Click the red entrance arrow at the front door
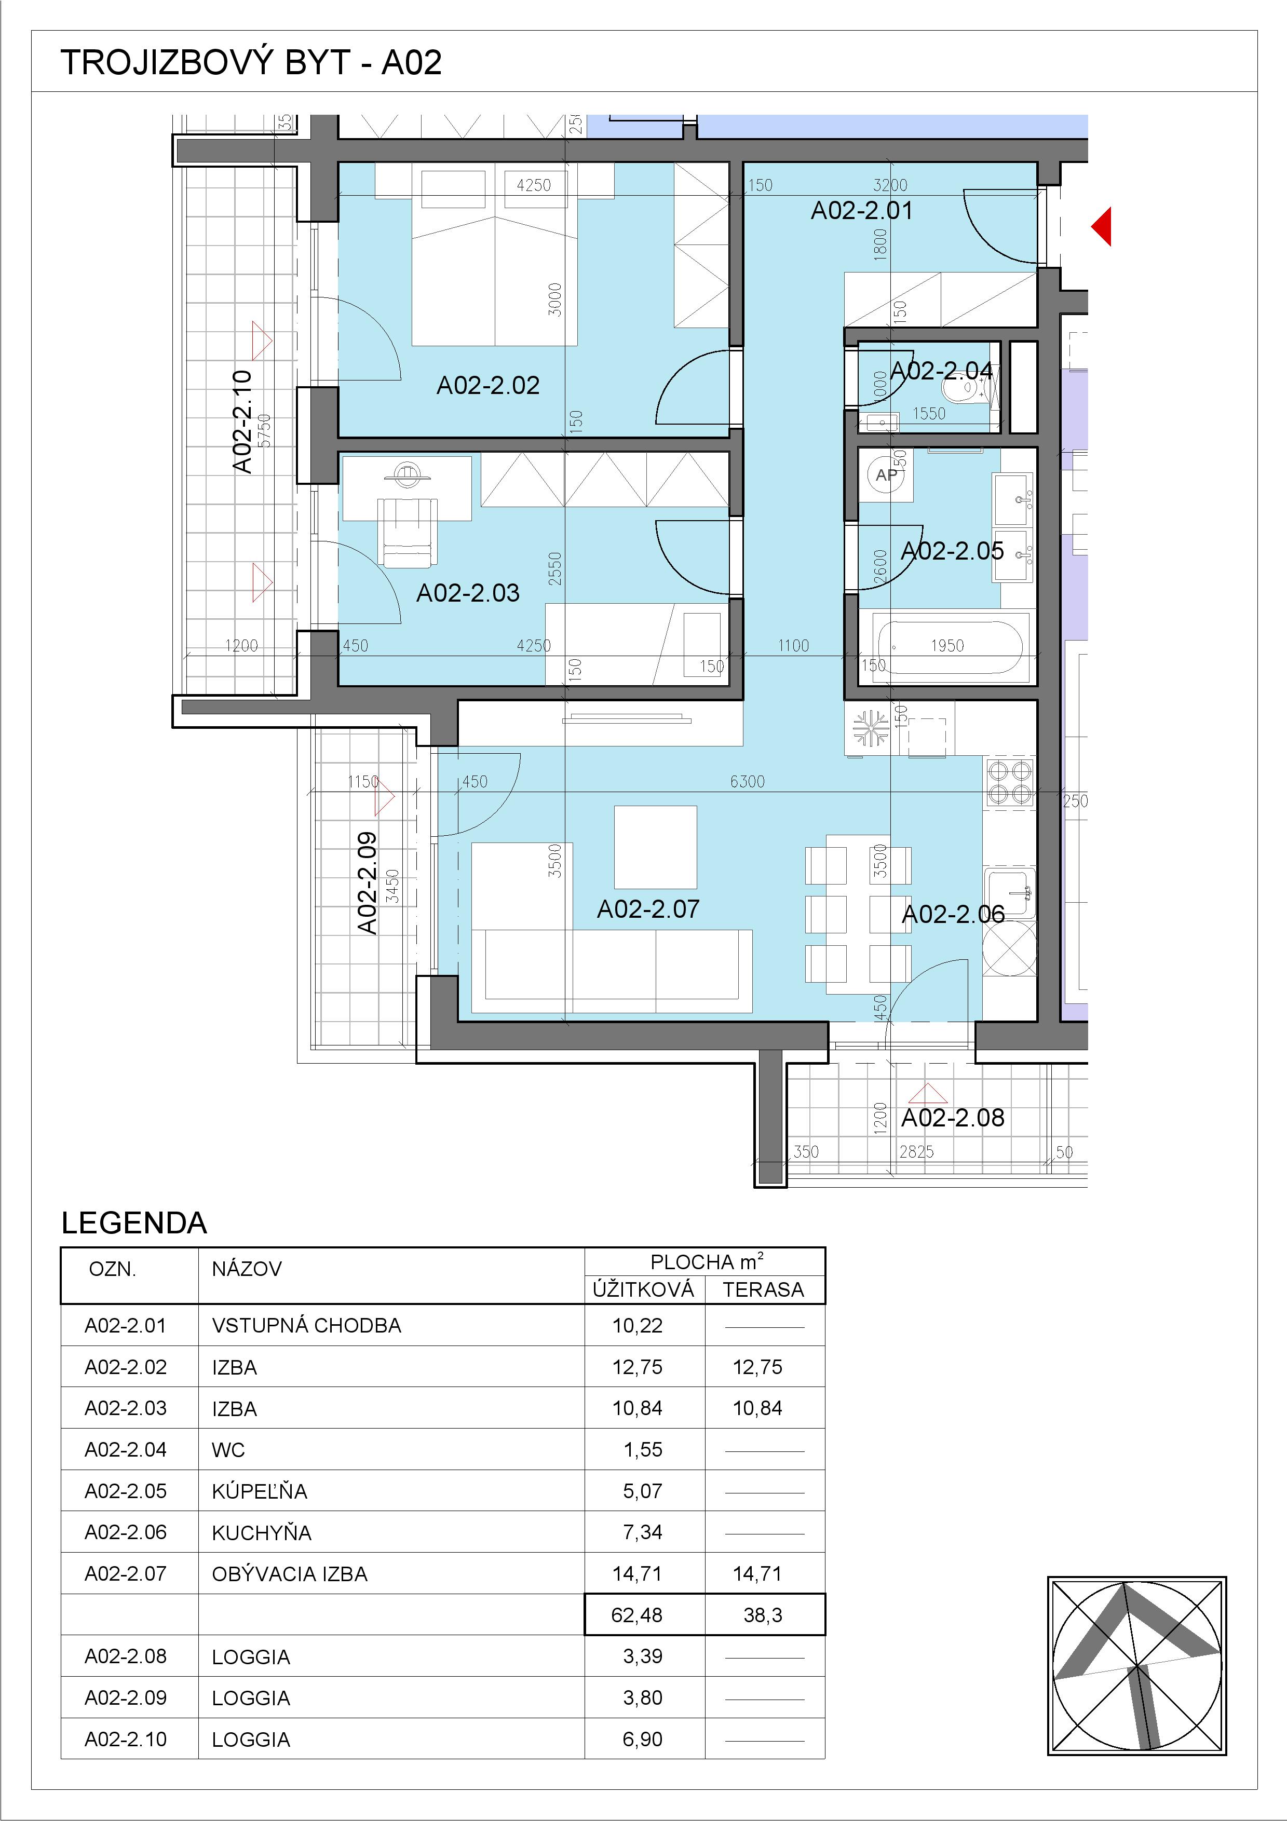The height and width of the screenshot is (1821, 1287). click(1102, 227)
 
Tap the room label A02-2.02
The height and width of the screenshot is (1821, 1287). click(489, 386)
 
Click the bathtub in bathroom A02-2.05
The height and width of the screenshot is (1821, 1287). click(947, 647)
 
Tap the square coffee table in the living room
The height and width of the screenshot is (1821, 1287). click(656, 847)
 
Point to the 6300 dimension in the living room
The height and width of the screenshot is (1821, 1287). click(747, 782)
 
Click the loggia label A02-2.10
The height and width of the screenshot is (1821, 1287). click(242, 422)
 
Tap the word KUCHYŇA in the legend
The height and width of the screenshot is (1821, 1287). click(262, 1532)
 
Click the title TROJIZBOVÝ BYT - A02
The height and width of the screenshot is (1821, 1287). click(251, 63)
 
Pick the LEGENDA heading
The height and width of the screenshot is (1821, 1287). click(134, 1223)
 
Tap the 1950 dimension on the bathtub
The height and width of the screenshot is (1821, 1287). click(947, 646)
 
